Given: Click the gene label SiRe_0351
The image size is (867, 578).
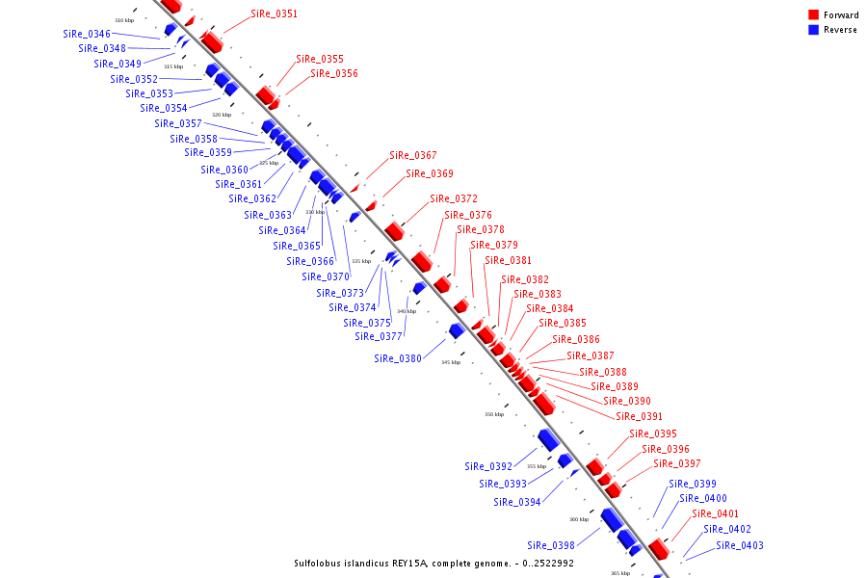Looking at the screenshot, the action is pyautogui.click(x=274, y=14).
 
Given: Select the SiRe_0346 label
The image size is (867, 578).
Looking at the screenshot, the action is pyautogui.click(x=87, y=34).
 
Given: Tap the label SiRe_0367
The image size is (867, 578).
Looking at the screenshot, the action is pyautogui.click(x=412, y=155).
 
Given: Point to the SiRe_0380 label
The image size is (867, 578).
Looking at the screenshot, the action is pyautogui.click(x=398, y=358).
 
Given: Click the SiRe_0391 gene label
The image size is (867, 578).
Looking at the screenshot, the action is pyautogui.click(x=639, y=416).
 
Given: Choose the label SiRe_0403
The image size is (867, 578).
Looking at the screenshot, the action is pyautogui.click(x=739, y=545).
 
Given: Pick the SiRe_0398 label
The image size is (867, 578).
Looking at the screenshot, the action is pyautogui.click(x=551, y=545).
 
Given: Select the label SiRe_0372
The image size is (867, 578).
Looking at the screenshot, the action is pyautogui.click(x=453, y=198).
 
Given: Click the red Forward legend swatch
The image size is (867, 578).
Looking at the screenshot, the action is pyautogui.click(x=814, y=14).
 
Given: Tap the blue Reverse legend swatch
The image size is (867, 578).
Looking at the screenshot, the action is pyautogui.click(x=814, y=30).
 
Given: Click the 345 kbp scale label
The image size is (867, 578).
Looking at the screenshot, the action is pyautogui.click(x=451, y=362).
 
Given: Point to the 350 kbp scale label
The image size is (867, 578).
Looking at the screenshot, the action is pyautogui.click(x=493, y=414).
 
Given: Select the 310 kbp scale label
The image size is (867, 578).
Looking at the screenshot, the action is pyautogui.click(x=124, y=20).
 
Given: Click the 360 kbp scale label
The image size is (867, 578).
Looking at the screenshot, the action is pyautogui.click(x=578, y=519).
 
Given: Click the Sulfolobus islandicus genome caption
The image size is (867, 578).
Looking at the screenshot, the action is pyautogui.click(x=433, y=564).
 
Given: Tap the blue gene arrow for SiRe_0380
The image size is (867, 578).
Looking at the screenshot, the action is pyautogui.click(x=457, y=330).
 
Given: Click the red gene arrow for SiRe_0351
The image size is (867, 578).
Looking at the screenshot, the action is pyautogui.click(x=212, y=42).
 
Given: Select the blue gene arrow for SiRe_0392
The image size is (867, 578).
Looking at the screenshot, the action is pyautogui.click(x=548, y=439).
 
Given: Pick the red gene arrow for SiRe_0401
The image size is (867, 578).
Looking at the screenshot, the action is pyautogui.click(x=659, y=549).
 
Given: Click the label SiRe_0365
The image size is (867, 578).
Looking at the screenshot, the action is pyautogui.click(x=296, y=246).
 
